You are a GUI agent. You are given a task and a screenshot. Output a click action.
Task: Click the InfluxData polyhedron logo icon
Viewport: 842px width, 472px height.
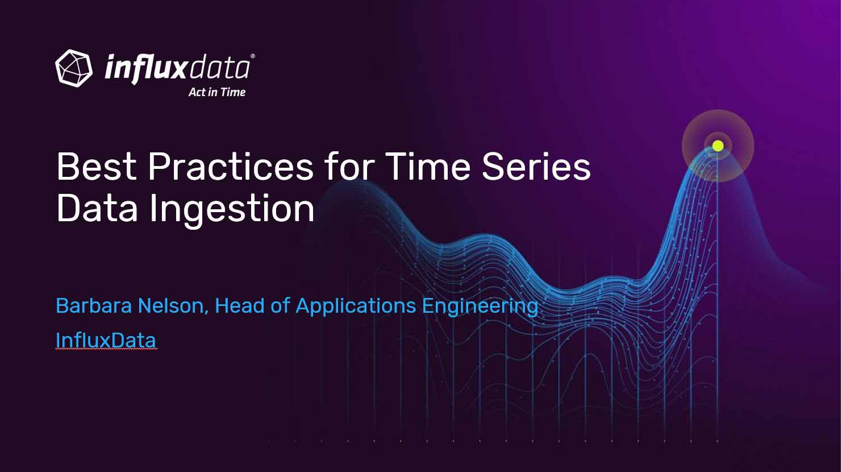tap(74, 68)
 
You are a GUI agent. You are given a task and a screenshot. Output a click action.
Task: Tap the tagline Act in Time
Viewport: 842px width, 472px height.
tap(217, 92)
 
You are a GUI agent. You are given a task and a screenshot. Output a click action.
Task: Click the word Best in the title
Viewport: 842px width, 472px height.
tap(97, 167)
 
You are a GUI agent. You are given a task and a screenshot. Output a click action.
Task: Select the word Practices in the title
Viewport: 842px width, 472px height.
tap(231, 167)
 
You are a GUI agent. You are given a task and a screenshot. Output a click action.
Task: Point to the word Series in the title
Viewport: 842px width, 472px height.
tap(536, 167)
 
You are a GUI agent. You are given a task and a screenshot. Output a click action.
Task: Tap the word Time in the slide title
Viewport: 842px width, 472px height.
tap(428, 167)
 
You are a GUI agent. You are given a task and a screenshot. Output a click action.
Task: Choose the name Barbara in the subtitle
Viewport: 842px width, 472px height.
tap(94, 305)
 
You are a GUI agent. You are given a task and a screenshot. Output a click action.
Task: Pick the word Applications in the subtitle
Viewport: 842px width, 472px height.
tap(356, 307)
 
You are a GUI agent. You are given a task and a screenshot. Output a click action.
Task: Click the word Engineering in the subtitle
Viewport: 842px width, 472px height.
tap(481, 307)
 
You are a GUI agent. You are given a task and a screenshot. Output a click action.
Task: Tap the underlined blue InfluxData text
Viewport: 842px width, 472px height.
tap(106, 341)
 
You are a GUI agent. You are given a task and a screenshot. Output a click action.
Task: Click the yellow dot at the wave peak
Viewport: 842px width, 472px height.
tap(718, 146)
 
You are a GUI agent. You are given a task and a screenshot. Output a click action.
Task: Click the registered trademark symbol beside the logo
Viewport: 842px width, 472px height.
tap(252, 56)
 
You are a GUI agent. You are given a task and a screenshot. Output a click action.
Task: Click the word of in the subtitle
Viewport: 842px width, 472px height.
tap(280, 305)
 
